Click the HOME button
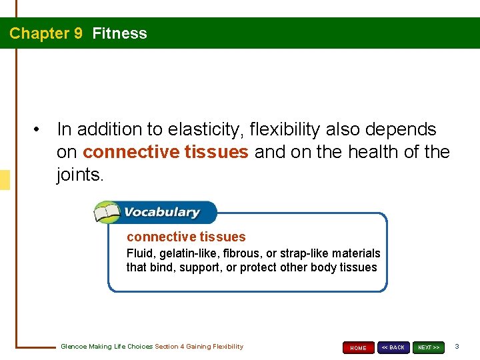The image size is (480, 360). tap(358, 347)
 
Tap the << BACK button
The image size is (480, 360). tap(393, 347)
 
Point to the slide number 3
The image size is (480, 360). tap(457, 347)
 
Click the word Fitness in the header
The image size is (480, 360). tap(119, 33)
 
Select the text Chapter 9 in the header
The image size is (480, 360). tap(46, 33)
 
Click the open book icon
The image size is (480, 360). tap(107, 213)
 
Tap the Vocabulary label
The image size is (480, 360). tap(161, 213)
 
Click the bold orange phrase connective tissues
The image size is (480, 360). tap(165, 153)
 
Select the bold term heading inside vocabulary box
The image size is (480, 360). tap(186, 237)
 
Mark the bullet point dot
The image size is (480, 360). tap(41, 129)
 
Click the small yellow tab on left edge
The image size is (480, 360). tap(5, 180)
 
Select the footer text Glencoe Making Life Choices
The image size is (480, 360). tap(107, 347)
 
